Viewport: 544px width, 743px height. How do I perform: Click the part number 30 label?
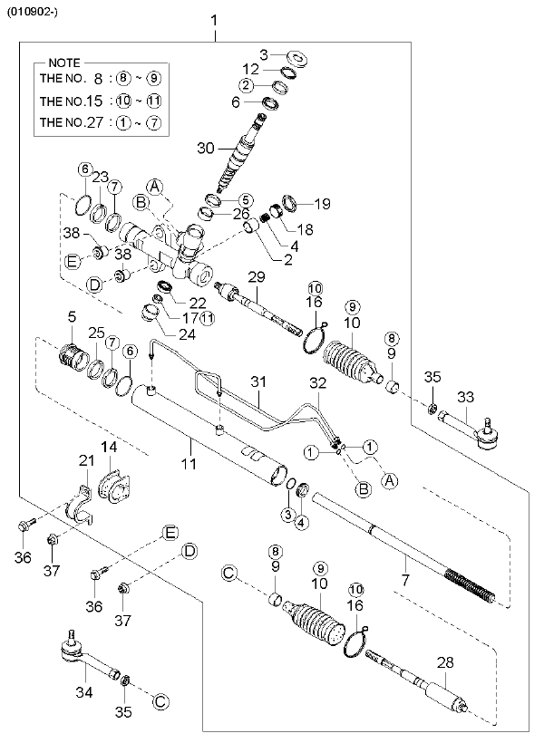point(205,148)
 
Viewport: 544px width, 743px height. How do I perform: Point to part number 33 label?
point(465,396)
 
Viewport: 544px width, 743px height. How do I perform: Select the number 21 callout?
point(86,462)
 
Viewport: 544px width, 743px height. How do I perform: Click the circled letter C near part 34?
point(160,700)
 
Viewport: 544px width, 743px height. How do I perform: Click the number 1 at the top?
point(214,20)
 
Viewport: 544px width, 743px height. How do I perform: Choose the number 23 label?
point(99,177)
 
